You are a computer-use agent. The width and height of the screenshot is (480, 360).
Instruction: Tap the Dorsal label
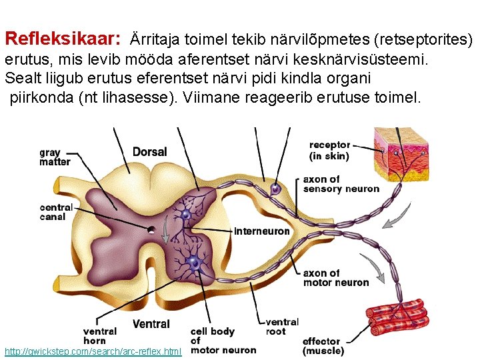[x=149, y=152]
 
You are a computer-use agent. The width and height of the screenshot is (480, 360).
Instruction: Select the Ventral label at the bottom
[x=151, y=324]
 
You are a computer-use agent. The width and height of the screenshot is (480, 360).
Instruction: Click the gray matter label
[x=55, y=157]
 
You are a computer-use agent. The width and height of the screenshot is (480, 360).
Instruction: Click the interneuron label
[x=262, y=231]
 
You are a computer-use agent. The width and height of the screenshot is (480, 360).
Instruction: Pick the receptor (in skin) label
[x=329, y=151]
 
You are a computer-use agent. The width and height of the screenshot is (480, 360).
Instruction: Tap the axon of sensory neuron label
[x=341, y=184]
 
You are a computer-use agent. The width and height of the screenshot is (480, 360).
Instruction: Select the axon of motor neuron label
[x=335, y=278]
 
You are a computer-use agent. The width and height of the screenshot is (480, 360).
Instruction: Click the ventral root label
[x=281, y=327]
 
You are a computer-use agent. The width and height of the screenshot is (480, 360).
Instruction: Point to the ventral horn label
[x=99, y=336]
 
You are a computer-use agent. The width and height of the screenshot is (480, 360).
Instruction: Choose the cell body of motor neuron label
[x=223, y=341]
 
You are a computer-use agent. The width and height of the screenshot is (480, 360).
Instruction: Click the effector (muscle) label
[x=323, y=346]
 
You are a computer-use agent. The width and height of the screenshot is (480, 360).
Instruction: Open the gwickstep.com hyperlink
[x=93, y=351]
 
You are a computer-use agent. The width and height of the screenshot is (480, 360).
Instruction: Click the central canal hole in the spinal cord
[x=153, y=231]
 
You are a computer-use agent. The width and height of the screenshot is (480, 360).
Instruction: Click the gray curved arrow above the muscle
[x=377, y=270]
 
